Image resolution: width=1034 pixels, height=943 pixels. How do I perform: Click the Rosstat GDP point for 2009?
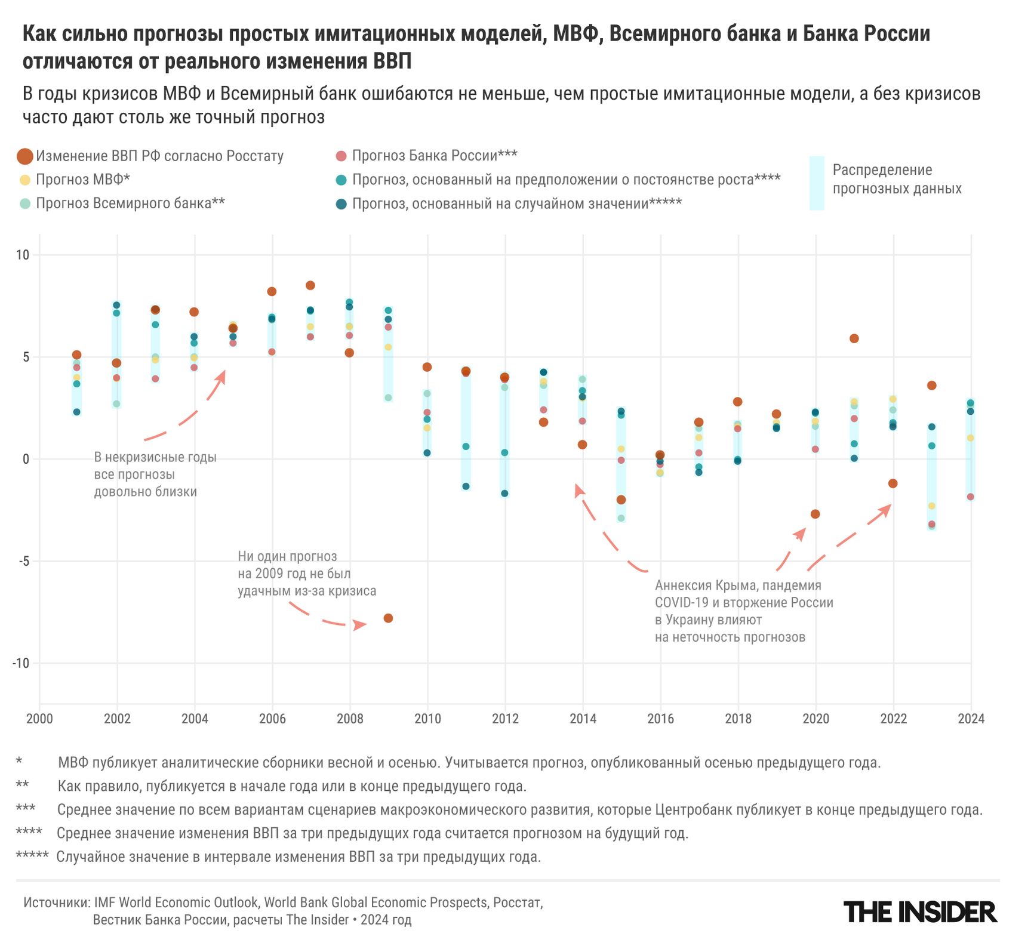pyautogui.click(x=388, y=618)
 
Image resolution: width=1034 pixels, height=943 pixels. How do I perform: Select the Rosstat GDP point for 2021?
pyautogui.click(x=854, y=338)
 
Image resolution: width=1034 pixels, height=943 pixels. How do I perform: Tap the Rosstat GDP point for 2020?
pyautogui.click(x=815, y=514)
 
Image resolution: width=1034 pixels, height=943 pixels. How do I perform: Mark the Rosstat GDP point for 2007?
pyautogui.click(x=310, y=285)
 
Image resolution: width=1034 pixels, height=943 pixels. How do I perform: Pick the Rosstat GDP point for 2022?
pyautogui.click(x=893, y=483)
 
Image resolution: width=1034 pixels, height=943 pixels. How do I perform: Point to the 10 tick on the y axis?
pyautogui.click(x=22, y=255)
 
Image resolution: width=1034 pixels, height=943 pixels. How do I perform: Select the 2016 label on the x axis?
pyautogui.click(x=660, y=719)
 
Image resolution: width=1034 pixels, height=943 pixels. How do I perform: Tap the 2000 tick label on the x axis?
pyautogui.click(x=39, y=719)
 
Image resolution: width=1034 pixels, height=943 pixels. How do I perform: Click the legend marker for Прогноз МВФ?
pyautogui.click(x=24, y=180)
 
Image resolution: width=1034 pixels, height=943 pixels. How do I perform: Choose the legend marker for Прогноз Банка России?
pyautogui.click(x=341, y=156)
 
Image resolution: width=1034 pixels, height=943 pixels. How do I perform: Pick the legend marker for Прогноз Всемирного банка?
pyautogui.click(x=24, y=204)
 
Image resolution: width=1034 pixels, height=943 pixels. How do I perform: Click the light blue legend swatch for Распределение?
pyautogui.click(x=817, y=183)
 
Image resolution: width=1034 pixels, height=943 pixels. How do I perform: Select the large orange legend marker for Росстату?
pyautogui.click(x=24, y=156)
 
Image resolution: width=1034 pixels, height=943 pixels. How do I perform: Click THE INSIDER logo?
pyautogui.click(x=920, y=912)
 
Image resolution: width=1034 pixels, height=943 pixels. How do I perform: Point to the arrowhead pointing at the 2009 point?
pyautogui.click(x=360, y=625)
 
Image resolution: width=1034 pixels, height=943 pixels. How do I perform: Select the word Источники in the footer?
pyautogui.click(x=56, y=902)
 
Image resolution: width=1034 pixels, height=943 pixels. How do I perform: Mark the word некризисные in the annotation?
pyautogui.click(x=142, y=457)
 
